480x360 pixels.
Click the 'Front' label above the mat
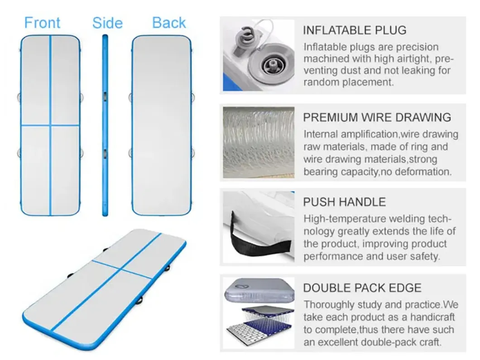42,23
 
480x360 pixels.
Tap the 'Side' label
107,23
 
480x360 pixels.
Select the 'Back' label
169,23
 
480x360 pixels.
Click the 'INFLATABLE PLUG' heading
355,30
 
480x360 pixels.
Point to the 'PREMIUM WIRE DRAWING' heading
377,117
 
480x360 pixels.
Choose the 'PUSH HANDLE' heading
345,202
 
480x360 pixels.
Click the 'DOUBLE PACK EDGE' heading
362,288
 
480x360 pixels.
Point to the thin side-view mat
105,125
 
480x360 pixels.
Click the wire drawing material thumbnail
259,142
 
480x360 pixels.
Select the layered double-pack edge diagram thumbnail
259,313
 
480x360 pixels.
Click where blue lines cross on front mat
51,125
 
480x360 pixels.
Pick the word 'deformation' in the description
423,172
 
